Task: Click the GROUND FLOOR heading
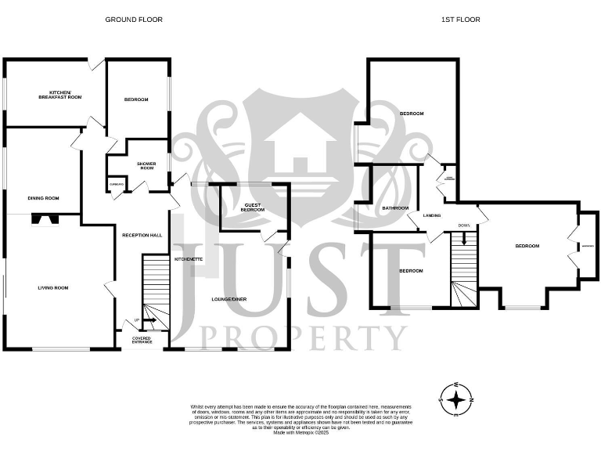pos(134,20)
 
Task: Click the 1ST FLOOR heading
pos(466,20)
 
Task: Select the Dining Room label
pos(44,198)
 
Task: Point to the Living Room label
pos(53,288)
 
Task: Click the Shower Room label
pos(146,166)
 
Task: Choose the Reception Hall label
pos(142,235)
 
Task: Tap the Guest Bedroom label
pos(252,208)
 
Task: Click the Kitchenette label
pos(189,258)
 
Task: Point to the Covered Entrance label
pos(142,340)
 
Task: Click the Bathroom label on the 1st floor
pos(395,208)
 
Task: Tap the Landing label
pos(431,215)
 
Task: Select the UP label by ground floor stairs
pos(137,320)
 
